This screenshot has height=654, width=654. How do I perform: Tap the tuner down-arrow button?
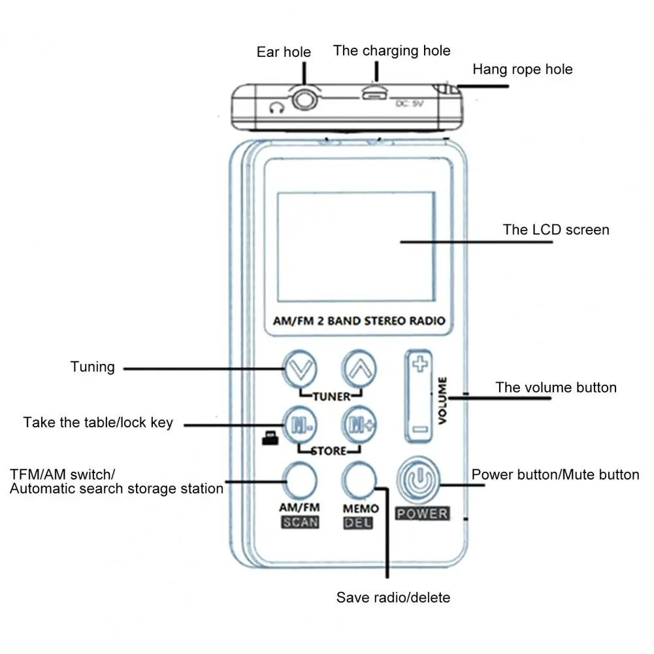point(301,369)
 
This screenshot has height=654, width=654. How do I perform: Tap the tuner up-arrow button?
point(359,369)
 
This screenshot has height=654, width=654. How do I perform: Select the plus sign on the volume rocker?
point(420,364)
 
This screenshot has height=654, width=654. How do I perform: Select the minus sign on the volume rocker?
point(420,429)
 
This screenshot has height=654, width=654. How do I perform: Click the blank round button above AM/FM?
point(300,480)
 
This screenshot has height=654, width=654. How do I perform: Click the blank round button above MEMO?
point(359,480)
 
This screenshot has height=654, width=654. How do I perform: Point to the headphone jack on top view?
point(304,100)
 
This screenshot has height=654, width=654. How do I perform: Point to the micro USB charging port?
point(374,94)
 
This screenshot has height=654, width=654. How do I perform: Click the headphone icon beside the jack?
point(276,108)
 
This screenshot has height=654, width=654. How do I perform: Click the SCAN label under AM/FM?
point(301,522)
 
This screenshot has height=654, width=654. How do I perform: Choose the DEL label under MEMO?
point(358,523)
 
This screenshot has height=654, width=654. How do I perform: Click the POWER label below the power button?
point(423,514)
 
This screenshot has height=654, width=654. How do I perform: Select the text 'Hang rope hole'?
point(523,69)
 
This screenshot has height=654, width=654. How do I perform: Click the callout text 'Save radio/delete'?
point(393,597)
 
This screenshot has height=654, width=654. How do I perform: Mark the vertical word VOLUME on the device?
point(442,401)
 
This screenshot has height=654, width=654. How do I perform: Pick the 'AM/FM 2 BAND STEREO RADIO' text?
point(359,321)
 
